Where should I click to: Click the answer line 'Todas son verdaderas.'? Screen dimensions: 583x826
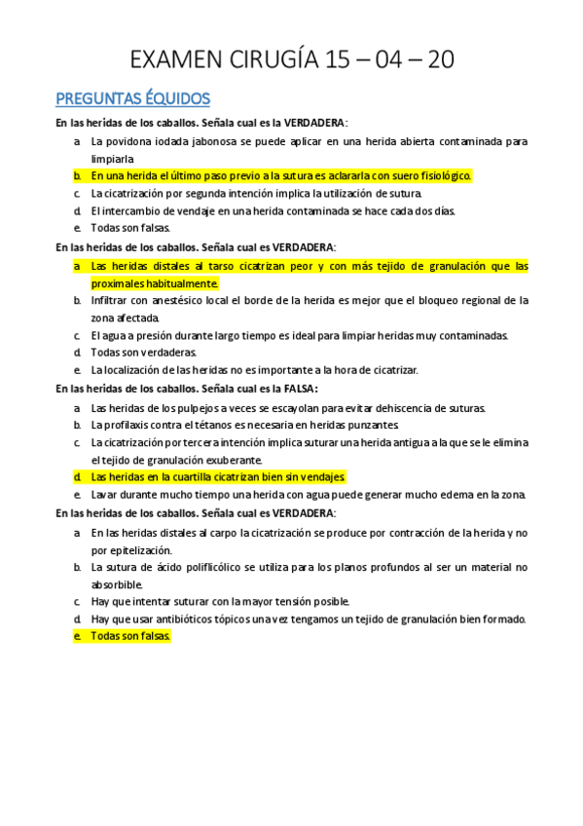coord(144,353)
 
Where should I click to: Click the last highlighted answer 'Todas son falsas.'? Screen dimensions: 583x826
coord(130,636)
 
